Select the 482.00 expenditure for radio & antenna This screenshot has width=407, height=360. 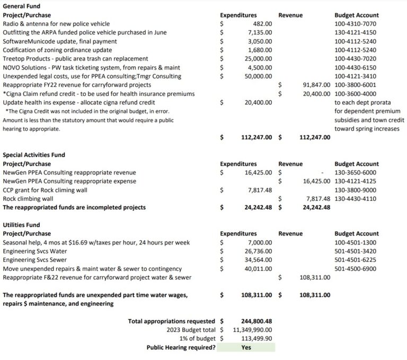(263, 24)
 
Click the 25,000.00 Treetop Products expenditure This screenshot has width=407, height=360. (259, 58)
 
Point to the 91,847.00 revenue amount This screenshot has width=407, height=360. (316, 85)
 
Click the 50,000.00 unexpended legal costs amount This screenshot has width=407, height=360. (259, 76)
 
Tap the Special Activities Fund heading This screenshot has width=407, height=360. (34, 155)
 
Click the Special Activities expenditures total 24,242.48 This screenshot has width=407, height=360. (257, 207)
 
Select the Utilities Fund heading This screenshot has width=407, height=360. (21, 225)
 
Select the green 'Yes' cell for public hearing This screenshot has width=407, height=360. (246, 347)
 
